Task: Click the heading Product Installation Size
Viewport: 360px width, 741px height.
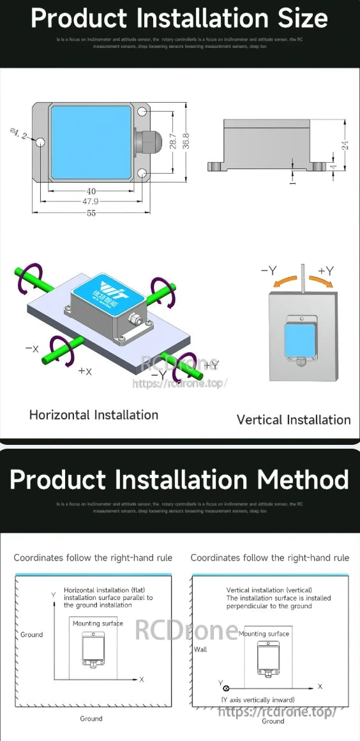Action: tap(179, 19)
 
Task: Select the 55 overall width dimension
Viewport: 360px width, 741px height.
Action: tap(91, 213)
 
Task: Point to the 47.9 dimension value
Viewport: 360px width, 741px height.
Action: tap(91, 201)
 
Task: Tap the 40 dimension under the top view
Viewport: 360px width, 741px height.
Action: tap(91, 191)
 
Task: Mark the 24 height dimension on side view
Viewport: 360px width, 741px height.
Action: tap(345, 146)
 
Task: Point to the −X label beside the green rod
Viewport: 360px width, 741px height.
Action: tap(32, 348)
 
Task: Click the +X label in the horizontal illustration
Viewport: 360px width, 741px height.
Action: tap(85, 371)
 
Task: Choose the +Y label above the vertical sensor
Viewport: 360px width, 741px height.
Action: tap(326, 271)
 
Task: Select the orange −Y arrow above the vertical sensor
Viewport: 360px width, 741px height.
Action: tap(285, 281)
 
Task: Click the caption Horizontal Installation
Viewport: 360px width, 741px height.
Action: tap(93, 415)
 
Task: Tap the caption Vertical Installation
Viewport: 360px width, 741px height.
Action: tap(294, 420)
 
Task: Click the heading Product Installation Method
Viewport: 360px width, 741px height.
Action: tap(179, 479)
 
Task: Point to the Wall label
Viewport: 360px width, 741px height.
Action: tap(200, 648)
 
